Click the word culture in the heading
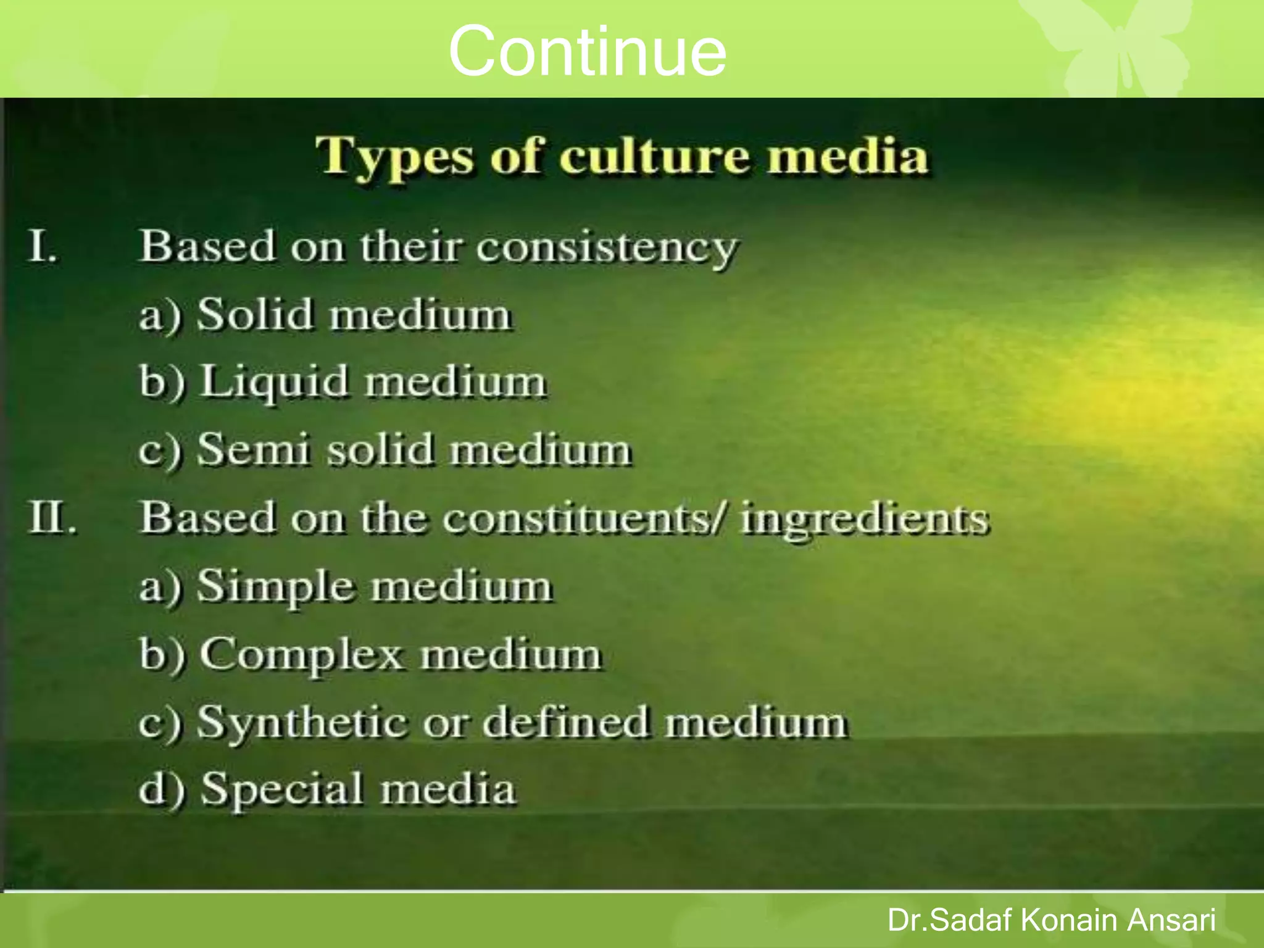point(652,156)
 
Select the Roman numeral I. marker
point(43,246)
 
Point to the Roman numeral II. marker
point(52,517)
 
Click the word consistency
point(607,248)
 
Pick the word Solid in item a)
point(255,314)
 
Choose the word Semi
point(253,449)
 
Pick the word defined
point(566,721)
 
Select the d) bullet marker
point(161,789)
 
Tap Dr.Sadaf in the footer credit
point(950,920)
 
